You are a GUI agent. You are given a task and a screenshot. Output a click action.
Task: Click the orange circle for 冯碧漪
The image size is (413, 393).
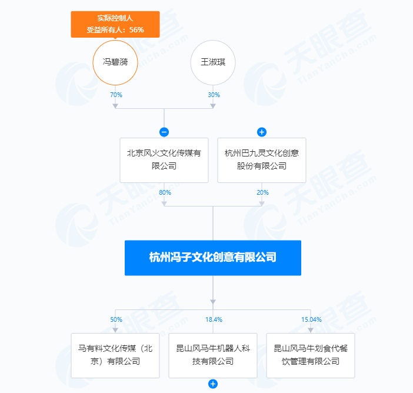115,62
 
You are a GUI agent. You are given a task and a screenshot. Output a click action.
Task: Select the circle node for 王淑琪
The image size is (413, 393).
213,62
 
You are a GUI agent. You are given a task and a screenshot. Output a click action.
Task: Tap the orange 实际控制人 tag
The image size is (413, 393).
115,24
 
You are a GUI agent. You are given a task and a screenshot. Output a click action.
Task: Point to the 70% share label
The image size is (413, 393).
115,95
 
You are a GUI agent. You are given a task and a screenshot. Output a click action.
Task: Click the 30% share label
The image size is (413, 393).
213,95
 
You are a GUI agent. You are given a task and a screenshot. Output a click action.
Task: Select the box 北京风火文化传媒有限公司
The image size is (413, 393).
164,160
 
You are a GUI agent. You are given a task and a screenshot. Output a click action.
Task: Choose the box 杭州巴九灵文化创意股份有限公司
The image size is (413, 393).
262,160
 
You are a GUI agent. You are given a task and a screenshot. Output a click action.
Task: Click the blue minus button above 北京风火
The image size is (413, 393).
164,132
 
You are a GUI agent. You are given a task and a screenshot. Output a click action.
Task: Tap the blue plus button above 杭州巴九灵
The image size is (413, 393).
262,132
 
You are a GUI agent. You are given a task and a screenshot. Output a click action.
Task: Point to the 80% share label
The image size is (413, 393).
165,192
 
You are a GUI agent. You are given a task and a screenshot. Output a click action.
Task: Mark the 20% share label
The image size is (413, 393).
262,192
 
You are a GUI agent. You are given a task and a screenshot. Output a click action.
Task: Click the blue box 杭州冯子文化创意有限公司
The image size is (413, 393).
213,258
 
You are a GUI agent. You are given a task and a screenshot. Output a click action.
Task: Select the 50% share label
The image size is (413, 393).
116,319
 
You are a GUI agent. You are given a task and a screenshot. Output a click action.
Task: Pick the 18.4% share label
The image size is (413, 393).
213,319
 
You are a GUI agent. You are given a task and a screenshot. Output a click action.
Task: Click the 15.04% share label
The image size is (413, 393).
311,319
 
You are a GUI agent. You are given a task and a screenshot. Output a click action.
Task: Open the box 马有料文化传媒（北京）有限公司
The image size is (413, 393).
115,355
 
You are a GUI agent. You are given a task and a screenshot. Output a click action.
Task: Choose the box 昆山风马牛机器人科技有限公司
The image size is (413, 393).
213,355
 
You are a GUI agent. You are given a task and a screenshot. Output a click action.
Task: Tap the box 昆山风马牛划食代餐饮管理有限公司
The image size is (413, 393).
311,355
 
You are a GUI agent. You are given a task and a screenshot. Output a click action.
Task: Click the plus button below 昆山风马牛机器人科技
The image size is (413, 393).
213,384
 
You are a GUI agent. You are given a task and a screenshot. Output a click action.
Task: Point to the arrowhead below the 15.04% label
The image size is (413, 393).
311,329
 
